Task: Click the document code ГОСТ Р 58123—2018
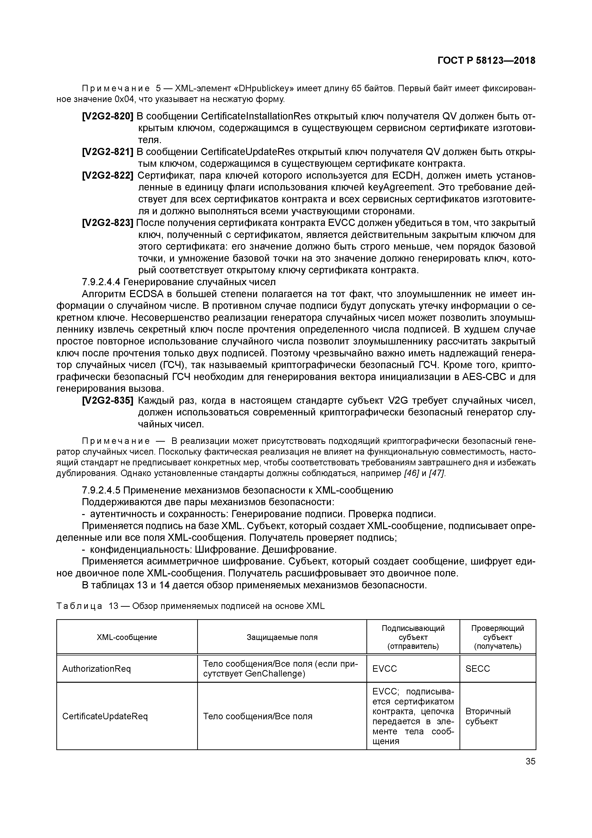pos(486,61)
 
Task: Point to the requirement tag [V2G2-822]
pos(108,176)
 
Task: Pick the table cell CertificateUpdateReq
pos(105,716)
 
